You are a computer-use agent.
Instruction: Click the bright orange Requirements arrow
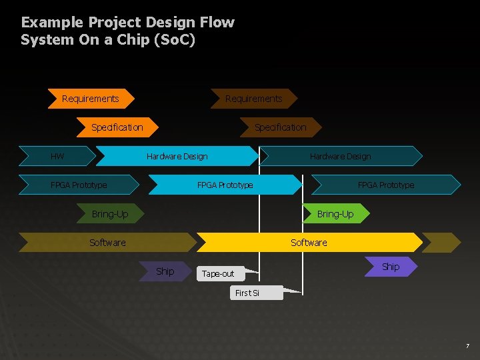pos(91,99)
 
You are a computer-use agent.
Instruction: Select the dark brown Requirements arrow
pos(253,99)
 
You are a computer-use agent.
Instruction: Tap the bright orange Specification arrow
pos(117,127)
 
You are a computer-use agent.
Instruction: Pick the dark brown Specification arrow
pos(281,127)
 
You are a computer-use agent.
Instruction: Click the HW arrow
pos(57,156)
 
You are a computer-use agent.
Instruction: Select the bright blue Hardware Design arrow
pos(177,156)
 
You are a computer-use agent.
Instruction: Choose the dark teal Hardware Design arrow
pos(341,156)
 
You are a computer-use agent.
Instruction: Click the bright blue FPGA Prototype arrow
pos(225,185)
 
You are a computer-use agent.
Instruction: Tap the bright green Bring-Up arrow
pos(335,213)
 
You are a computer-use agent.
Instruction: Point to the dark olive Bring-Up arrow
pos(110,214)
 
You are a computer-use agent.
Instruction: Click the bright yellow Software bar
pos(309,242)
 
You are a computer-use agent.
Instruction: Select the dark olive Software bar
pos(107,242)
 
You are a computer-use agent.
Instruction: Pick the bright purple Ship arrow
pos(391,267)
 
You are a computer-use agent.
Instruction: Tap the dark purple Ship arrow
pos(165,271)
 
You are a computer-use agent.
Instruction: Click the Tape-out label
pos(218,273)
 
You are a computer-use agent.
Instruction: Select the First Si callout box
pos(248,293)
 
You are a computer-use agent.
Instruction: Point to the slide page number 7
pos(467,346)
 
